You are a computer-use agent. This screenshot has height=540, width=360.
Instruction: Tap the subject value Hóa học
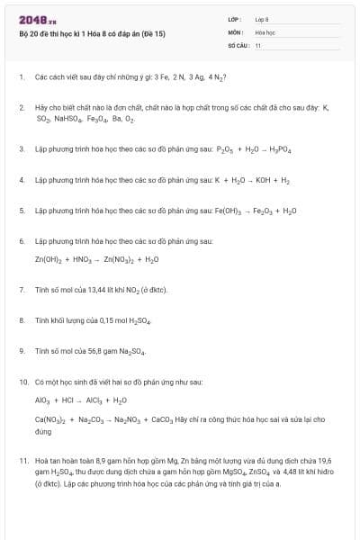click(x=265, y=31)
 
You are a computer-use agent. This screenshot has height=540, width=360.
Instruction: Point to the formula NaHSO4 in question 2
click(x=67, y=118)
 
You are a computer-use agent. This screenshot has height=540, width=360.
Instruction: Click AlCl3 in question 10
click(x=95, y=400)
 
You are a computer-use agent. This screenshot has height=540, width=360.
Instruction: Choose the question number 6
click(x=21, y=241)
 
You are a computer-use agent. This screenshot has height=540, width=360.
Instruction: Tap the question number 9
click(x=21, y=351)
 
